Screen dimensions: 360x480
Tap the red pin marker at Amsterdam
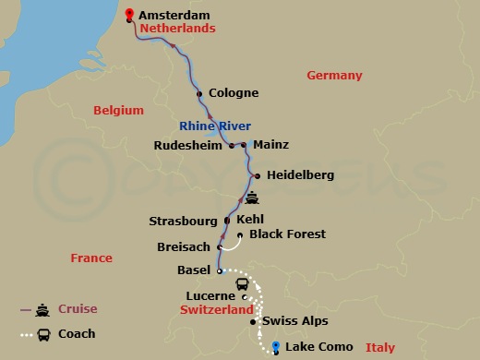tap(128, 14)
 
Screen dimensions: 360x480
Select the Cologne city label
tap(234, 93)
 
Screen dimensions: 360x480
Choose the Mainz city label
tap(270, 145)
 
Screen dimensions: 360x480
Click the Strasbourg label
tap(184, 222)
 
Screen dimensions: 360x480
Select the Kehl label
tap(251, 221)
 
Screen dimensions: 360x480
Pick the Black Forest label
tap(287, 234)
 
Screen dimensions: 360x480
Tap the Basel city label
tap(194, 271)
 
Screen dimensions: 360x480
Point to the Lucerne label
tap(211, 296)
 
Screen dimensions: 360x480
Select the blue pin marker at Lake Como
tap(275, 346)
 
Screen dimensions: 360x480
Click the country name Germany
tap(334, 76)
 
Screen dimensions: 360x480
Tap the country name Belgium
tap(119, 111)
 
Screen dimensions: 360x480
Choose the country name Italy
tap(379, 348)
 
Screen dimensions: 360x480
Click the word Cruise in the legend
tap(78, 309)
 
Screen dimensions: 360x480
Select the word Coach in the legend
tap(77, 334)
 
